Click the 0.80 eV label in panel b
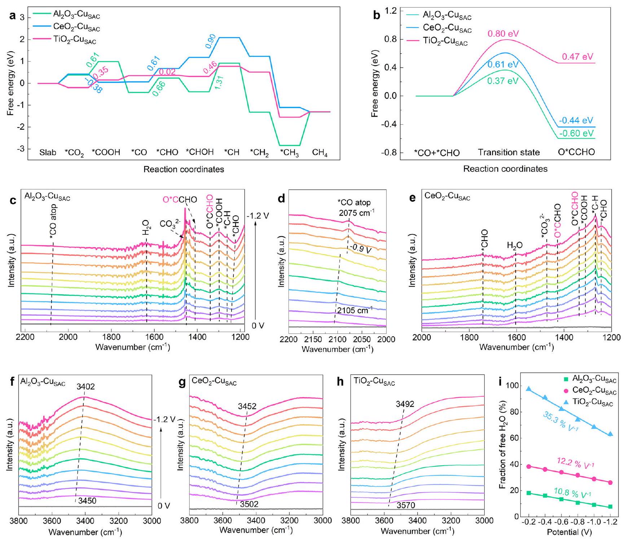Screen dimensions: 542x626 (503, 34)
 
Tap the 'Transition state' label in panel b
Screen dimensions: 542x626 (508, 152)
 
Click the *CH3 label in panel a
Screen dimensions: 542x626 (290, 153)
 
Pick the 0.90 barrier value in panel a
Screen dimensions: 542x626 (211, 41)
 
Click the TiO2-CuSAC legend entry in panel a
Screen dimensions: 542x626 (75, 40)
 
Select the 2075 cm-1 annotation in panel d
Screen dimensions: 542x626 (356, 212)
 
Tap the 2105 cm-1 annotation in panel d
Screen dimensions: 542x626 (354, 310)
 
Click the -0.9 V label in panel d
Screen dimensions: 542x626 (360, 249)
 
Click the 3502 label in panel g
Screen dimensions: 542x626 (249, 504)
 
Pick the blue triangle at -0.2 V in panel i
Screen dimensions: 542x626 (529, 389)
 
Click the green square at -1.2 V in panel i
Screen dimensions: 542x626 (610, 507)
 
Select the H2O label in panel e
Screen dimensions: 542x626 (515, 246)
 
